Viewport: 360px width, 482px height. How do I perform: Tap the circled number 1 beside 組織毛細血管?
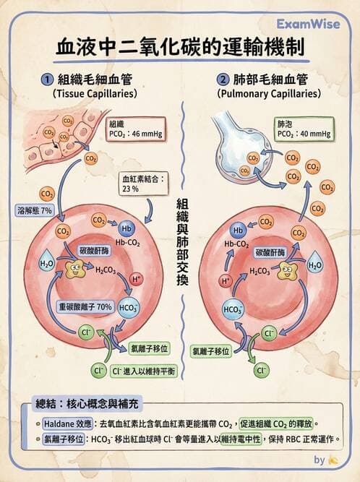46,79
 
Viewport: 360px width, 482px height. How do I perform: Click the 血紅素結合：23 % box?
145,182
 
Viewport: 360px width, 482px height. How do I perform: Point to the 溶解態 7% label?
35,210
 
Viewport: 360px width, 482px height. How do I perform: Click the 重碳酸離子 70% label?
85,307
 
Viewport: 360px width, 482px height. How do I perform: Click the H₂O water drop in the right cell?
315,264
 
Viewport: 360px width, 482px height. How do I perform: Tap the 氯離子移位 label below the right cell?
211,351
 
